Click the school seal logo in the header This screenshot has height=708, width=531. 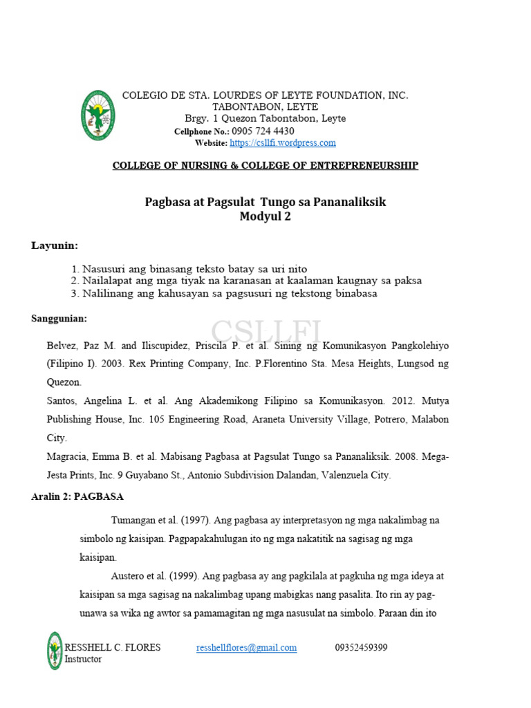[x=97, y=115]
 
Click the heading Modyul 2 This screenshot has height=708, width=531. [x=265, y=216]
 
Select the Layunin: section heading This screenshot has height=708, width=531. [x=55, y=245]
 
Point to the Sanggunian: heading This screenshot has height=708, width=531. [x=59, y=318]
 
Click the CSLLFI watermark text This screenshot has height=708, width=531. [x=266, y=333]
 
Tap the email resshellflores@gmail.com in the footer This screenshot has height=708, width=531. [x=246, y=648]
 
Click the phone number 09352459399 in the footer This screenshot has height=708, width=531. [x=361, y=648]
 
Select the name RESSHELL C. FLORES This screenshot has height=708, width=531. [x=113, y=648]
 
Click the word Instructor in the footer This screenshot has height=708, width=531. [x=83, y=660]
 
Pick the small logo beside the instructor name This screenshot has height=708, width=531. [x=55, y=651]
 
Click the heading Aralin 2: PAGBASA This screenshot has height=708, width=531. [x=77, y=496]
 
